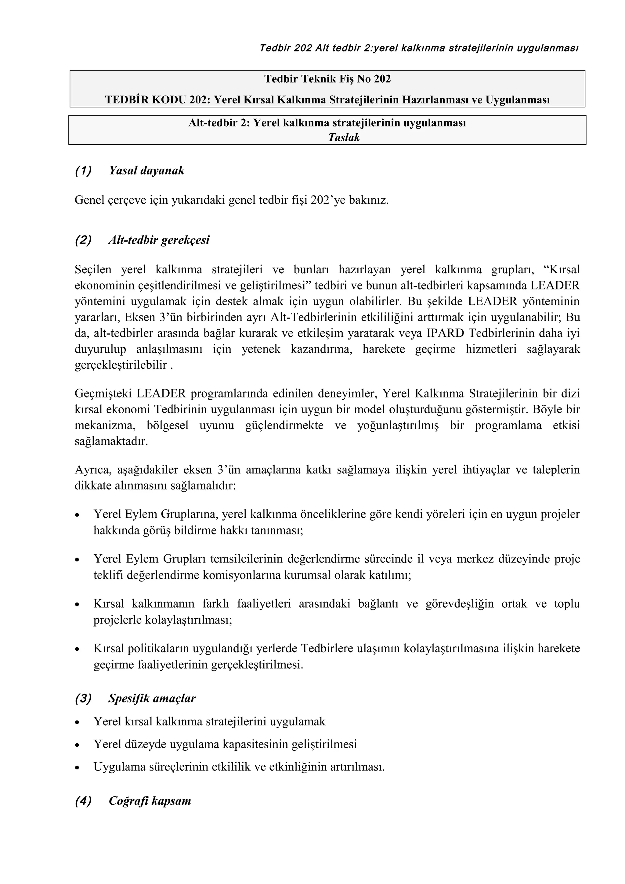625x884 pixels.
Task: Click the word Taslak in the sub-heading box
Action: (344, 138)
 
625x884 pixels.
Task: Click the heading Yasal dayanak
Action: (146, 171)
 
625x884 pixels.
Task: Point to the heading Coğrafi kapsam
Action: (150, 800)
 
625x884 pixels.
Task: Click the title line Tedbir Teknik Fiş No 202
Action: (327, 79)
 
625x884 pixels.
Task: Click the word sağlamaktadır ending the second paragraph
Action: (111, 441)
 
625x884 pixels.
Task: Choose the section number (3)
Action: (83, 699)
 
